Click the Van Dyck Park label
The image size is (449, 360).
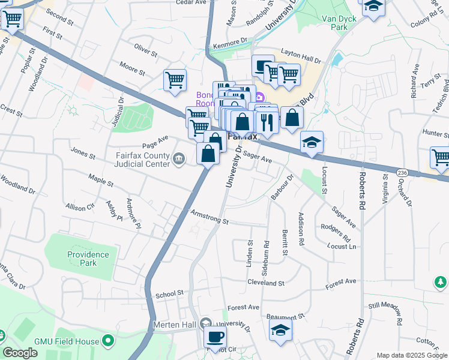click(335, 23)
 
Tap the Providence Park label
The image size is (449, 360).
click(88, 259)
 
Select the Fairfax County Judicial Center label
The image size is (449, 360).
click(142, 158)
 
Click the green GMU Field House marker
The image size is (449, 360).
click(108, 341)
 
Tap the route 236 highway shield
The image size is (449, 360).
click(402, 172)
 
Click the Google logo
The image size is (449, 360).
click(20, 352)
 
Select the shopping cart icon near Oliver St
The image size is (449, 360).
click(175, 79)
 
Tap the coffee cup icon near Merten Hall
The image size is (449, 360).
click(215, 335)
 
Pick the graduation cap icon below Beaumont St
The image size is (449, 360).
click(280, 329)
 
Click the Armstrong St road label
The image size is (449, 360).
click(209, 217)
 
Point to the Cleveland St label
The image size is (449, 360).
click(265, 282)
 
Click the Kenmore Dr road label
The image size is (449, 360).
click(234, 41)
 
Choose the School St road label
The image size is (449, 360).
click(169, 294)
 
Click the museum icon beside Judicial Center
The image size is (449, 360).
click(178, 158)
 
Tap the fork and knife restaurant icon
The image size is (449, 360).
click(267, 121)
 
